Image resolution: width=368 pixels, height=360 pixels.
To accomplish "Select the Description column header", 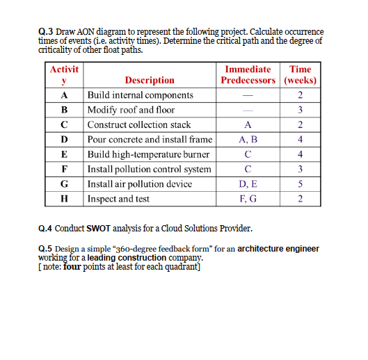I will [x=149, y=80].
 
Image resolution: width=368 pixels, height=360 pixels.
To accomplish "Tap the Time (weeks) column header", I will [x=300, y=74].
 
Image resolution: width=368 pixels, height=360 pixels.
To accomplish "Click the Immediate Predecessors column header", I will [x=248, y=74].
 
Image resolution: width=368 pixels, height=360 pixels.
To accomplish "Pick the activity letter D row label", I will [x=64, y=139].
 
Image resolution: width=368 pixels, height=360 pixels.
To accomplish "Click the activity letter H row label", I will [x=64, y=198].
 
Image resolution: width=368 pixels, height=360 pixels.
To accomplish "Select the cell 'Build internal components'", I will [x=141, y=95].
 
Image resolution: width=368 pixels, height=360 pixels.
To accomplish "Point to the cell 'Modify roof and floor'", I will [x=131, y=110].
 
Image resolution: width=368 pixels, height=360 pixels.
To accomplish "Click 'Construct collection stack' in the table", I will [x=139, y=124].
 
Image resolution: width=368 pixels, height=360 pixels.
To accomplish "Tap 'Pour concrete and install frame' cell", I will [x=150, y=139].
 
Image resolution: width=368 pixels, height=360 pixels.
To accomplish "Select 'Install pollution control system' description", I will [x=149, y=169].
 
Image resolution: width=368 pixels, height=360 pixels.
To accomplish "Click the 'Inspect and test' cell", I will [x=118, y=198].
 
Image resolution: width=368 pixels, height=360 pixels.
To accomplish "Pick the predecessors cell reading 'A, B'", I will [x=248, y=139].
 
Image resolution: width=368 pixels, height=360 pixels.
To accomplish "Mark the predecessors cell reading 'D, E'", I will [x=248, y=183].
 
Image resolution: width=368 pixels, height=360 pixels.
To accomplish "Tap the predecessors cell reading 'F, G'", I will [x=248, y=198].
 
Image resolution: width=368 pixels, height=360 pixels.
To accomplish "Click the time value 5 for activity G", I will [x=300, y=183].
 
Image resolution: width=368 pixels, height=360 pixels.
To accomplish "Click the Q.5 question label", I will [x=47, y=248].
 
